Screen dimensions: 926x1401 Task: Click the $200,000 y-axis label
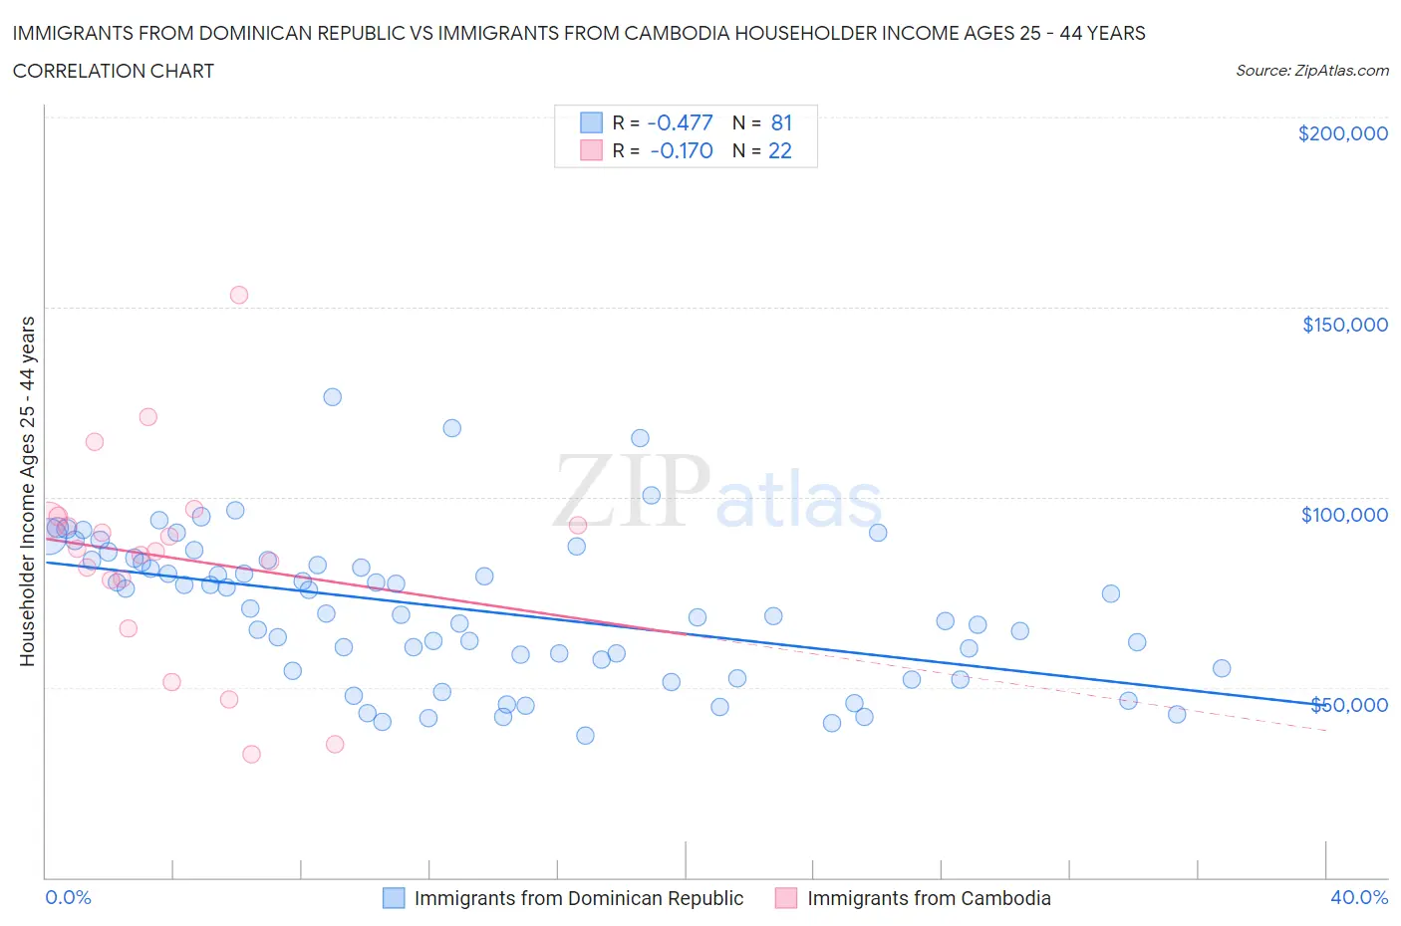1342,134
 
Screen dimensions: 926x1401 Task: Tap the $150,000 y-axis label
1344,325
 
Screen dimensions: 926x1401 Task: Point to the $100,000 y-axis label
1344,515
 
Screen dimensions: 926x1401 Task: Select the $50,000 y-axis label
1348,705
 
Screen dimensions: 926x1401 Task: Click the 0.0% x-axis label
68,897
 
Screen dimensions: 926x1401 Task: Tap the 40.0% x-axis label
1359,897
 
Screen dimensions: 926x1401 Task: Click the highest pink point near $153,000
239,295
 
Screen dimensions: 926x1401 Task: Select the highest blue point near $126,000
333,397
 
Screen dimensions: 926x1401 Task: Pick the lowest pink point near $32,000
252,755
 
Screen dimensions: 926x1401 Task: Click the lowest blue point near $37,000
586,736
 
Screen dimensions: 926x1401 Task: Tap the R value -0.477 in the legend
680,122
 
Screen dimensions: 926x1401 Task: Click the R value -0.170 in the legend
682,150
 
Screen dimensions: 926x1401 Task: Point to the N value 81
781,122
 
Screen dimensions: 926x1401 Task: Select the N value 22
779,150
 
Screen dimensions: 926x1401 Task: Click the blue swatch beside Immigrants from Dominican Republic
394,898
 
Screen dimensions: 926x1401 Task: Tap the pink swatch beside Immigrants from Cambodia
786,898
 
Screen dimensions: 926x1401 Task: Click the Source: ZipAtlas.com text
1311,71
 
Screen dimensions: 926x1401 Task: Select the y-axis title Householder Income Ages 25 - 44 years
28,491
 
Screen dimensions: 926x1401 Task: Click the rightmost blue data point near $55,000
1222,669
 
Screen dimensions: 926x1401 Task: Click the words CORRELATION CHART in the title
114,71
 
